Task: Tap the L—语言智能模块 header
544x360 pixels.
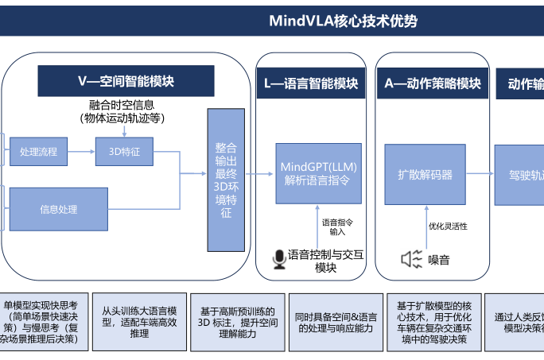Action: (x=311, y=83)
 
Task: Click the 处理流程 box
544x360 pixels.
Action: (x=39, y=151)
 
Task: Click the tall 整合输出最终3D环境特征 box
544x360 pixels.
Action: (x=226, y=180)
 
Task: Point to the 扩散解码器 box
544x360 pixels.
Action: (x=424, y=174)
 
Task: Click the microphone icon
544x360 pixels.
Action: (x=279, y=259)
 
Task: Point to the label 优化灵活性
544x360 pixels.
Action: (x=448, y=226)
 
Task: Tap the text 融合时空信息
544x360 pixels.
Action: (x=122, y=105)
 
